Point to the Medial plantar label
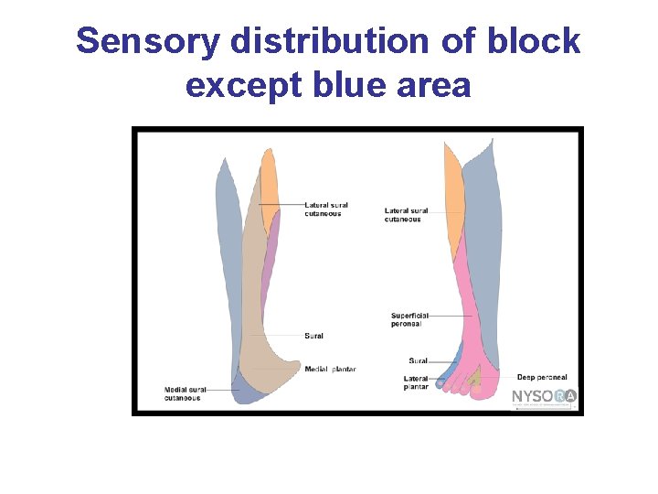pos(330,370)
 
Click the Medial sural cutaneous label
pos(183,393)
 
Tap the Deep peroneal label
pos(542,377)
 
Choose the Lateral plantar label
pos(416,382)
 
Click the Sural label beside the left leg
pos(313,336)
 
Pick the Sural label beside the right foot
pos(418,361)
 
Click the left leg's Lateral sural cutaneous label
pos(326,209)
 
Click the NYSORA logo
pos(544,396)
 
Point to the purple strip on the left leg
pos(270,265)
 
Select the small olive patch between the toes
pos(474,378)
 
